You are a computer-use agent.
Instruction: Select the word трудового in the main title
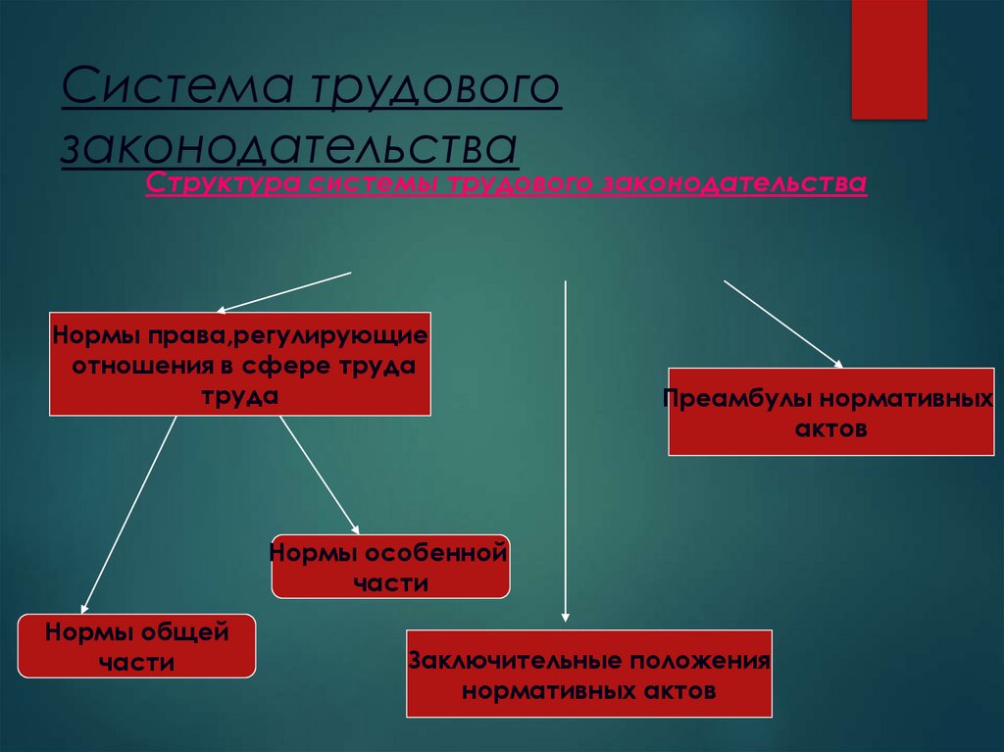pos(436,89)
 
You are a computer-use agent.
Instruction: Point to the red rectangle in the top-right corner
pos(888,59)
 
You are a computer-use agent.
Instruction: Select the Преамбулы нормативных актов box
pos(831,413)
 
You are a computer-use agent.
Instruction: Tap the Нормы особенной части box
pos(390,567)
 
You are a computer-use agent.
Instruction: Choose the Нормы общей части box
pos(136,646)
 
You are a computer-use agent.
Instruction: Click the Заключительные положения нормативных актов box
pos(589,675)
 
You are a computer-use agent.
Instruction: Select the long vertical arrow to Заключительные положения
pos(566,451)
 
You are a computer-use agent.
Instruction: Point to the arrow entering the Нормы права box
pos(283,290)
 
